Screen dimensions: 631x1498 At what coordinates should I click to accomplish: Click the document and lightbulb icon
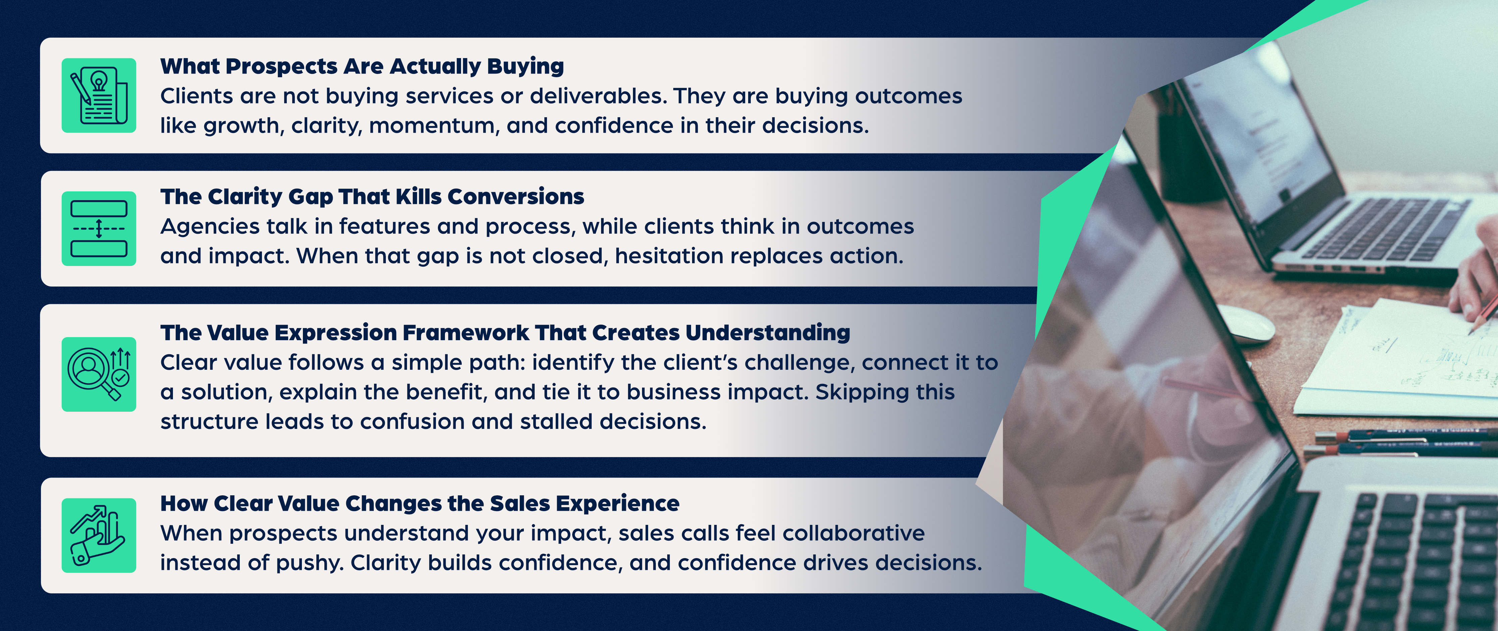pos(99,95)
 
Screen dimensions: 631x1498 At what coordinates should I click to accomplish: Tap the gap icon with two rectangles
pos(99,229)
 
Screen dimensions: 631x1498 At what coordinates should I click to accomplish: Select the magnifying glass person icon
pos(99,374)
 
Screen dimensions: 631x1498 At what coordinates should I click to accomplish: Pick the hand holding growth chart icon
pos(99,535)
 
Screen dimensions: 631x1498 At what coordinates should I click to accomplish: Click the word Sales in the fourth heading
pos(519,504)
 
